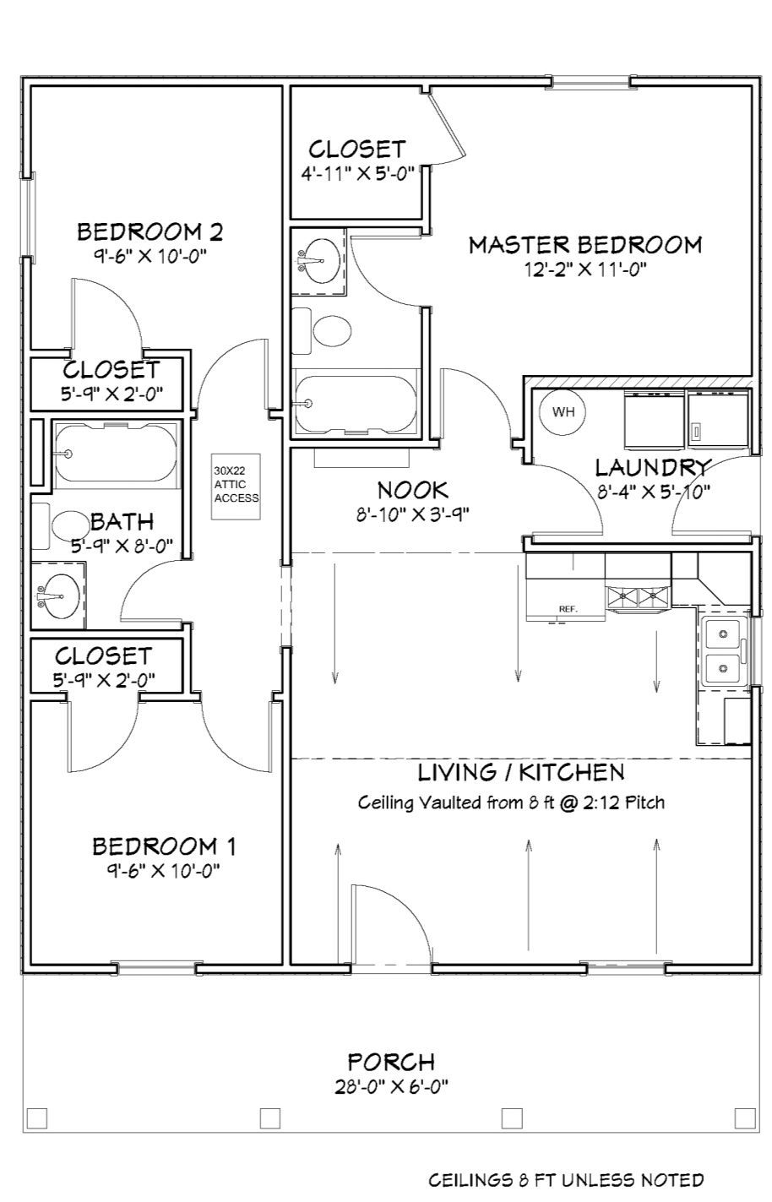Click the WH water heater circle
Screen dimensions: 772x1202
563,411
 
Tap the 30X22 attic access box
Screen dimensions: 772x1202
236,487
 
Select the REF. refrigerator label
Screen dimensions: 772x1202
568,609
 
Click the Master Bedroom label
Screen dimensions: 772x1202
585,245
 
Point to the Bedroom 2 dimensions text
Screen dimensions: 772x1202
150,255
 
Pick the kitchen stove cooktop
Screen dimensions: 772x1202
639,599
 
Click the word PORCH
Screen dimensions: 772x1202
390,1062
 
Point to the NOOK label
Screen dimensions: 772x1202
412,489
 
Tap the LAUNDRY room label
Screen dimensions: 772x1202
653,467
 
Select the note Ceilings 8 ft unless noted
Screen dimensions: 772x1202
565,1180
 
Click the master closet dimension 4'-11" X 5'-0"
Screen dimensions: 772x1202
358,174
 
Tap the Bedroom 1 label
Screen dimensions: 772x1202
164,846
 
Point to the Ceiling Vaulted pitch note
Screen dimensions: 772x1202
511,802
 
